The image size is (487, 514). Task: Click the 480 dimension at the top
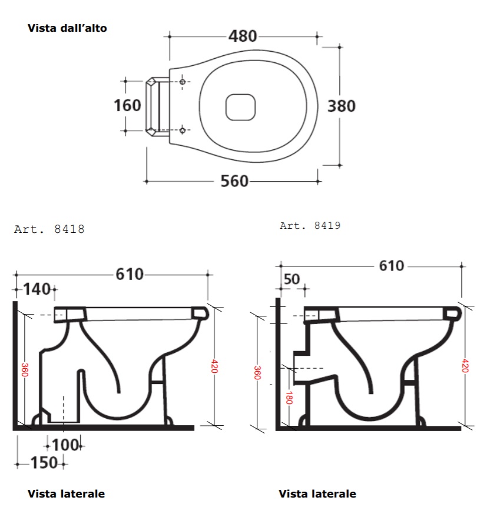click(243, 36)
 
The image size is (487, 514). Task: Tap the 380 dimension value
click(342, 106)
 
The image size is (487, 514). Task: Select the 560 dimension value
click(234, 181)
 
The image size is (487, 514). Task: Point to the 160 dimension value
click(127, 105)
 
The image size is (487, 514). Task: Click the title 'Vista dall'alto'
click(67, 28)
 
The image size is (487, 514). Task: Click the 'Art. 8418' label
click(49, 229)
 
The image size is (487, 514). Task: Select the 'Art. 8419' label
click(310, 225)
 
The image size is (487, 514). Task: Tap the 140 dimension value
click(37, 289)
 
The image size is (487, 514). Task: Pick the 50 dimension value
click(291, 279)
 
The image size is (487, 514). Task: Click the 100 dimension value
click(65, 445)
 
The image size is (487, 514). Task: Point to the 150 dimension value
click(44, 463)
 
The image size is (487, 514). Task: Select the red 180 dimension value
click(289, 398)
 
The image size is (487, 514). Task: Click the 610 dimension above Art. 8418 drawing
click(130, 275)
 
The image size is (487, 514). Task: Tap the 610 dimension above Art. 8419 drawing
click(392, 266)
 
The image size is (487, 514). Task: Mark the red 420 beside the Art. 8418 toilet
click(214, 366)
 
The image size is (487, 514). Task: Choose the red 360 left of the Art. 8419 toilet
click(257, 373)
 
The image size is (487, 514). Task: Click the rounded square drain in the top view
click(240, 107)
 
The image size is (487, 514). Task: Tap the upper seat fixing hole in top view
click(183, 82)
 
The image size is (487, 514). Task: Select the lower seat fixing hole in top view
click(183, 131)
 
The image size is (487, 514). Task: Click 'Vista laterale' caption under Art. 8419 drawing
click(317, 493)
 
